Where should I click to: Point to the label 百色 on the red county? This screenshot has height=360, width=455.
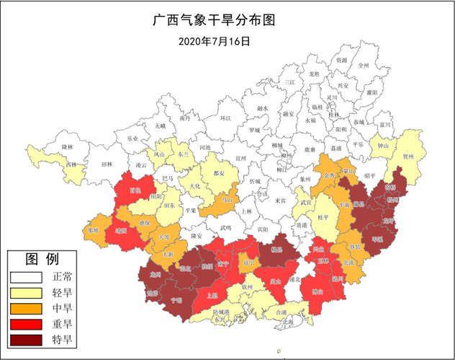click(135, 190)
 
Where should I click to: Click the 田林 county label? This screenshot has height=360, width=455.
click(107, 164)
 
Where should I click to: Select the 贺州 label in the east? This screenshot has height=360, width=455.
click(408, 155)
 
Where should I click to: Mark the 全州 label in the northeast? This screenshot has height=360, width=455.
click(363, 65)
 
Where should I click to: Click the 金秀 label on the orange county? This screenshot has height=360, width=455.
click(330, 175)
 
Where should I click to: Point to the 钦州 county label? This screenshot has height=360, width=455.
click(248, 286)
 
